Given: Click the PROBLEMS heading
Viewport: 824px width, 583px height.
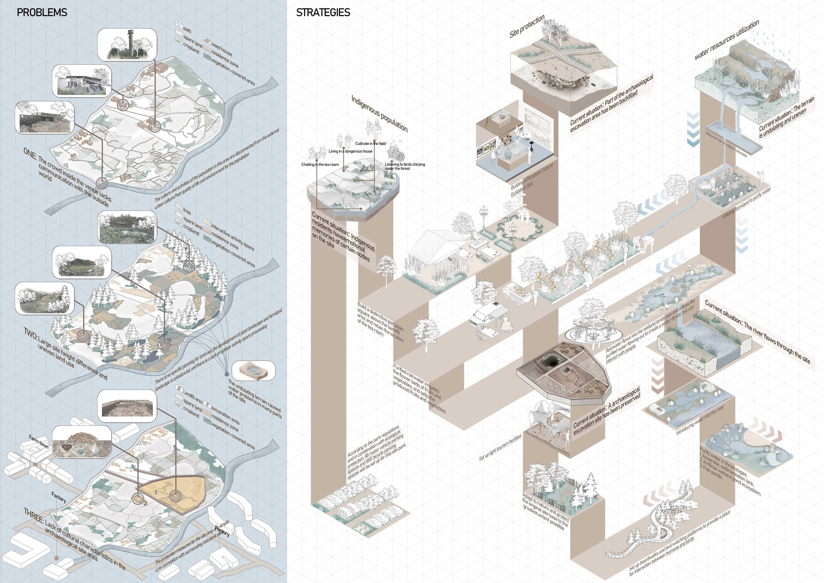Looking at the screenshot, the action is click(42, 13).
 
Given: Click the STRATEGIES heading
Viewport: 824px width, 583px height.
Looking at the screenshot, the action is click(323, 13).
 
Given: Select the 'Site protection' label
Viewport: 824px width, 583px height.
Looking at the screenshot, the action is click(527, 26).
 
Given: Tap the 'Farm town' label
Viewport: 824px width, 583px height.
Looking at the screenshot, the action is click(39, 442).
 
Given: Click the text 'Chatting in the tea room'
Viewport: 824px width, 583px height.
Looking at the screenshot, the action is click(320, 164).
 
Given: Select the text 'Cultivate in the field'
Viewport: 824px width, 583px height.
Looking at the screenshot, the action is click(370, 144).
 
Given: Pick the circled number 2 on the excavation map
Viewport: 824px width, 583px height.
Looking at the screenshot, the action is click(145, 503).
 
